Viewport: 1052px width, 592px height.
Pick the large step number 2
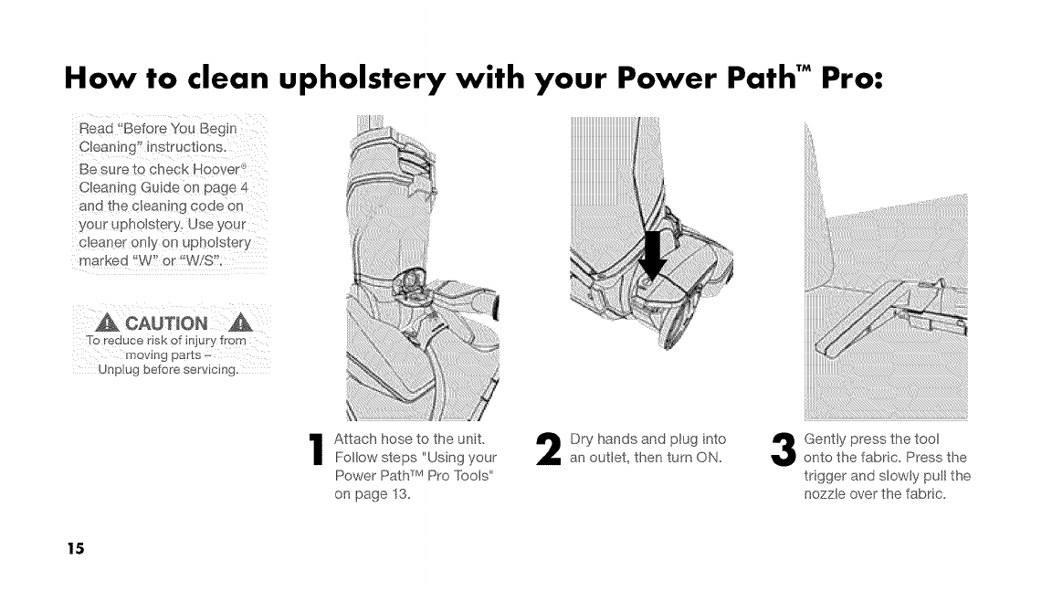tap(551, 451)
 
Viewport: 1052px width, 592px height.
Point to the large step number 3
tap(784, 451)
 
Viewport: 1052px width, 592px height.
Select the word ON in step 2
tap(710, 457)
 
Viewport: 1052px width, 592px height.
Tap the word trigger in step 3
tap(826, 476)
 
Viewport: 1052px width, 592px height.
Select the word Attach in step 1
tap(356, 439)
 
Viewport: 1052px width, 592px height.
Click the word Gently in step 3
tap(826, 439)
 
